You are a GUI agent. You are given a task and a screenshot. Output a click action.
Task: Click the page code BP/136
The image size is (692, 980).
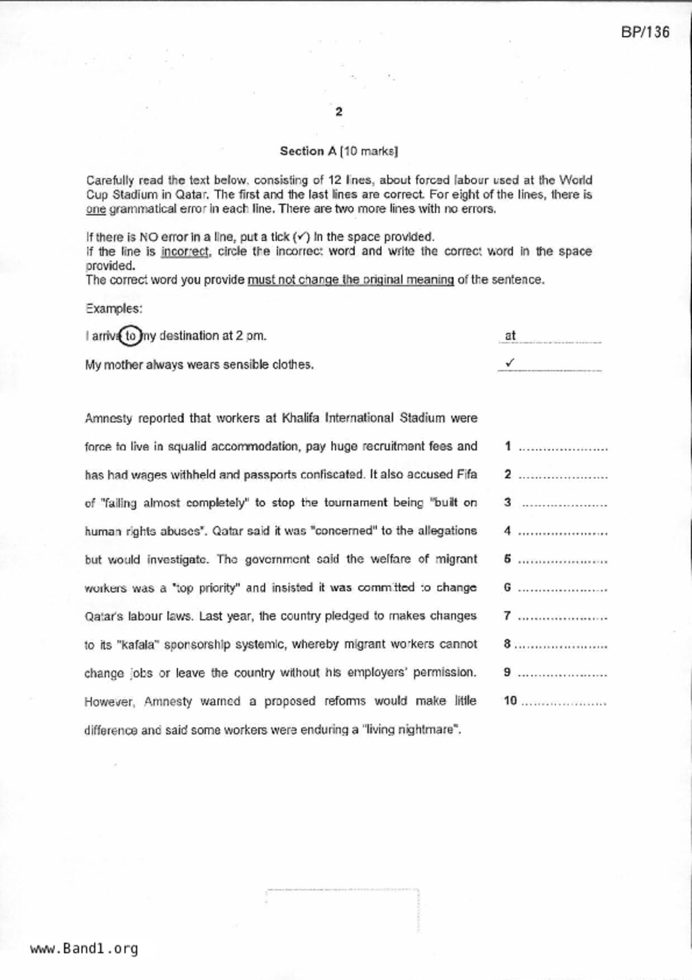pos(645,32)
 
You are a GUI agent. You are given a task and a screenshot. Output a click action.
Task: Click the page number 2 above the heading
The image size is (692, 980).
pos(339,112)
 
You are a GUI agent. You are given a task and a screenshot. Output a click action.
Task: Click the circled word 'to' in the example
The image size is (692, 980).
pos(131,336)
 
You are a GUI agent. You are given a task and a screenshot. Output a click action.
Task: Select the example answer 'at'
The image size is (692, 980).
pos(510,336)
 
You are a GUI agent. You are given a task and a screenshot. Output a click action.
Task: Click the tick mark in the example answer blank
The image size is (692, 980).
pos(509,363)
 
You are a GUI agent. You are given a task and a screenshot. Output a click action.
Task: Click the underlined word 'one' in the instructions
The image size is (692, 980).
pos(96,210)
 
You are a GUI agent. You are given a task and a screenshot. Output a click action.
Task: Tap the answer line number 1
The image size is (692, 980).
pos(507,446)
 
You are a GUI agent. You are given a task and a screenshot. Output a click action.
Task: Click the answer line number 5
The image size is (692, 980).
pos(507,559)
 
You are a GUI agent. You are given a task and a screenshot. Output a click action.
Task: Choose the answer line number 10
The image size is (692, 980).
pos(510,701)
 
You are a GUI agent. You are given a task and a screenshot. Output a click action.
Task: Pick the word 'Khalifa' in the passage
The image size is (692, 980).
pos(302,418)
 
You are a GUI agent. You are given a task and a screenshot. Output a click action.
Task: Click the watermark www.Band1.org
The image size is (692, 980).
pos(84,948)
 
